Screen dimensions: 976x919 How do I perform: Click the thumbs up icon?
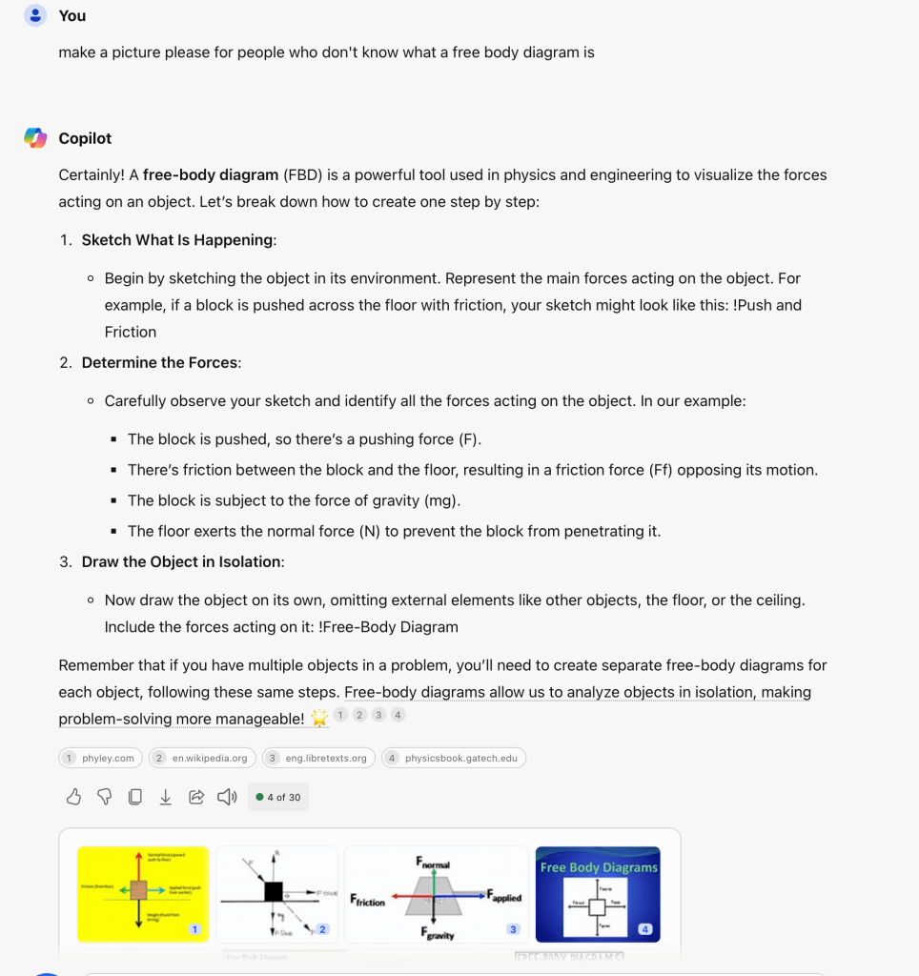pyautogui.click(x=73, y=797)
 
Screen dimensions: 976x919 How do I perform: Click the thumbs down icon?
pyautogui.click(x=104, y=797)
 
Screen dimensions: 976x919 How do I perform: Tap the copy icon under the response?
pyautogui.click(x=135, y=797)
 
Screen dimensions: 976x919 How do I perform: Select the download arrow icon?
pyautogui.click(x=166, y=797)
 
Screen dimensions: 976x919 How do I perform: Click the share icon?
pyautogui.click(x=196, y=797)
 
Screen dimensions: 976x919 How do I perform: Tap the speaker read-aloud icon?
pyautogui.click(x=227, y=797)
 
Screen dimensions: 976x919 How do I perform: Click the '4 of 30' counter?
pyautogui.click(x=278, y=797)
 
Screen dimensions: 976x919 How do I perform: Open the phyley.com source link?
pyautogui.click(x=101, y=758)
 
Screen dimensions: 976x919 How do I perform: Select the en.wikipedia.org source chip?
pyautogui.click(x=202, y=758)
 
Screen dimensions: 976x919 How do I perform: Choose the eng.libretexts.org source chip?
pyautogui.click(x=318, y=758)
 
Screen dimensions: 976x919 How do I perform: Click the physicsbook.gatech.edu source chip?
pyautogui.click(x=454, y=758)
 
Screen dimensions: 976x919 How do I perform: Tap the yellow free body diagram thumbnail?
pyautogui.click(x=142, y=894)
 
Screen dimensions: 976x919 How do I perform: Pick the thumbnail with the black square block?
pyautogui.click(x=276, y=894)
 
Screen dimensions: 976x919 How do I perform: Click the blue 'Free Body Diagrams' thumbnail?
pyautogui.click(x=598, y=894)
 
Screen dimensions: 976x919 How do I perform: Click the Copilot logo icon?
pyautogui.click(x=35, y=138)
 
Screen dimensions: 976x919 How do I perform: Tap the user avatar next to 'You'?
pyautogui.click(x=35, y=16)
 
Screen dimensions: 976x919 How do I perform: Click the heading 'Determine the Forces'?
pyautogui.click(x=160, y=362)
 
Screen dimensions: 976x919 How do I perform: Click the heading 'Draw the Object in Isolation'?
pyautogui.click(x=181, y=561)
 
